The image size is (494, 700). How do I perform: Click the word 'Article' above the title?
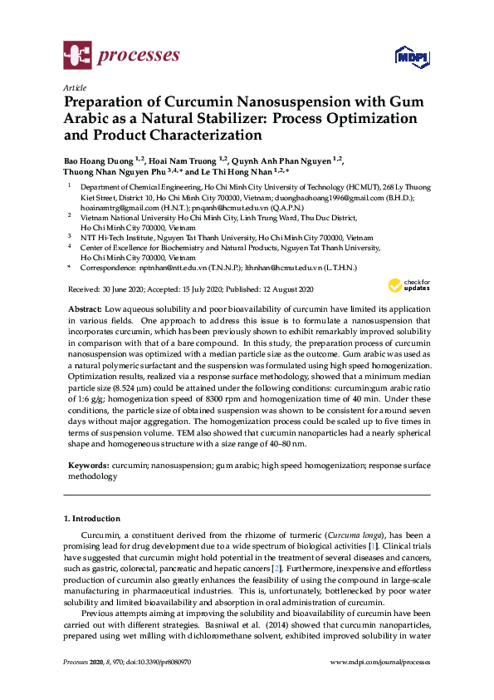[74, 87]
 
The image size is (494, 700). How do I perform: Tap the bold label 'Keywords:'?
[87, 466]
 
